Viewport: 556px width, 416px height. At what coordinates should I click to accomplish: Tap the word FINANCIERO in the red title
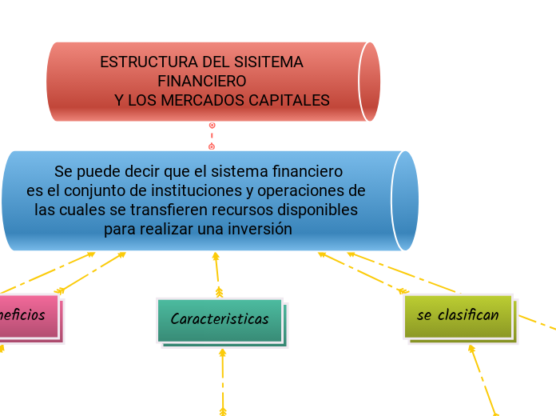point(201,81)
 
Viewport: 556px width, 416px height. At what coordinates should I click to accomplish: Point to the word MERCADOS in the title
point(199,100)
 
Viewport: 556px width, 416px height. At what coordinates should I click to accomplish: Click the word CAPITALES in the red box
point(289,100)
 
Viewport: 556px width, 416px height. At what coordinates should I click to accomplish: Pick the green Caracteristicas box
point(220,318)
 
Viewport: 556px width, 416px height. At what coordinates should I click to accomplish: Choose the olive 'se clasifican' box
point(458,315)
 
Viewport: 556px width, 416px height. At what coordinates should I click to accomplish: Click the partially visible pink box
point(28,315)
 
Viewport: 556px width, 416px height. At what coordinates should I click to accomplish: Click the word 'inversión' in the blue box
point(260,229)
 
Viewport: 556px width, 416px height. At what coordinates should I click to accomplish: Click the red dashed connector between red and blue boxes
point(212,136)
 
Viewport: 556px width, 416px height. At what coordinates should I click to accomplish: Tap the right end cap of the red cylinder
point(369,82)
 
